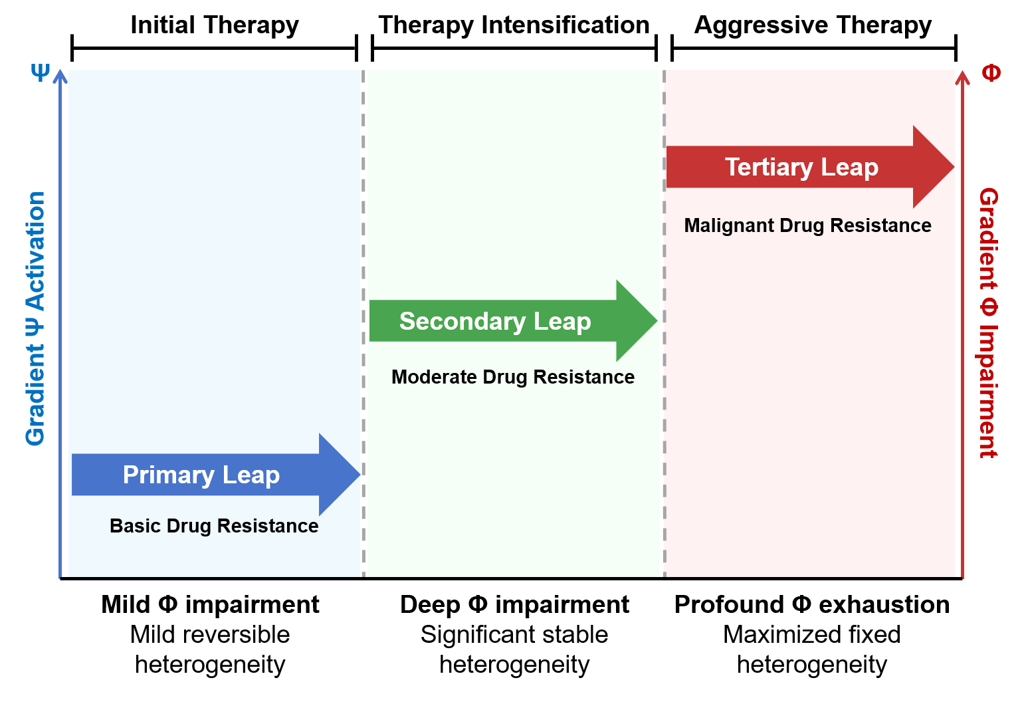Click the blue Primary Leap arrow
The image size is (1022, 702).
216,475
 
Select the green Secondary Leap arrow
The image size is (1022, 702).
513,321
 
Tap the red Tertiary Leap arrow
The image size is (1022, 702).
810,167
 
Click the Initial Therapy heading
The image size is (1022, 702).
215,25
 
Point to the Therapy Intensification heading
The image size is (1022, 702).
514,25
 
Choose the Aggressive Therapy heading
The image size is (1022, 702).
813,25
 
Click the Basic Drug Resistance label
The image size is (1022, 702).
214,526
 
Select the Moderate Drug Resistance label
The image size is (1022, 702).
513,377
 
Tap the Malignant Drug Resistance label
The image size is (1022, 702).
807,225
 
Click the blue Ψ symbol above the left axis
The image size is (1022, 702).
40,72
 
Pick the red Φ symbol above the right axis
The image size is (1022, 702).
991,72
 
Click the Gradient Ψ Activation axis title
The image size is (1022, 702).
35,318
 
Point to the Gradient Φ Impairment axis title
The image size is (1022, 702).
989,322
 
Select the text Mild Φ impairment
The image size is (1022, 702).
210,605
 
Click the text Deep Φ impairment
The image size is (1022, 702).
514,605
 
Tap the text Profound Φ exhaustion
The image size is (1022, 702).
812,605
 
